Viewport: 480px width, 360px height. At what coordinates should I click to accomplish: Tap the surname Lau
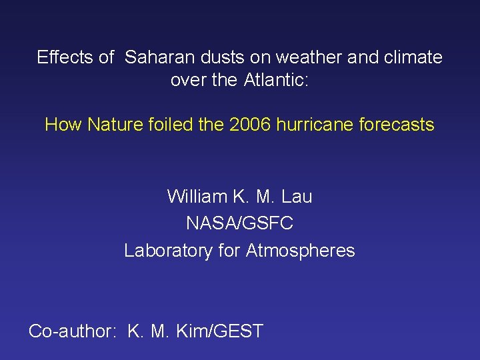297,197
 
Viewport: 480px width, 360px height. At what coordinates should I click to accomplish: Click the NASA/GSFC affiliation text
240,223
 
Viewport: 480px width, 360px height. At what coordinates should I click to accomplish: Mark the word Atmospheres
300,251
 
